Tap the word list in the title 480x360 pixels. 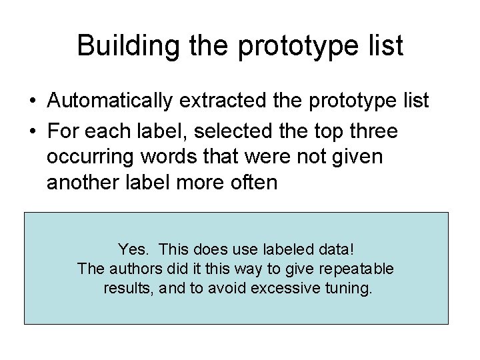(x=384, y=46)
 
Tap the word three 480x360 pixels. (x=371, y=133)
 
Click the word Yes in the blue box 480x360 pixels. (x=131, y=249)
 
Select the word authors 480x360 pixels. (x=132, y=269)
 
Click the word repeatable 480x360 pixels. (x=363, y=269)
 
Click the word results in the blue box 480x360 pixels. (x=127, y=289)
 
